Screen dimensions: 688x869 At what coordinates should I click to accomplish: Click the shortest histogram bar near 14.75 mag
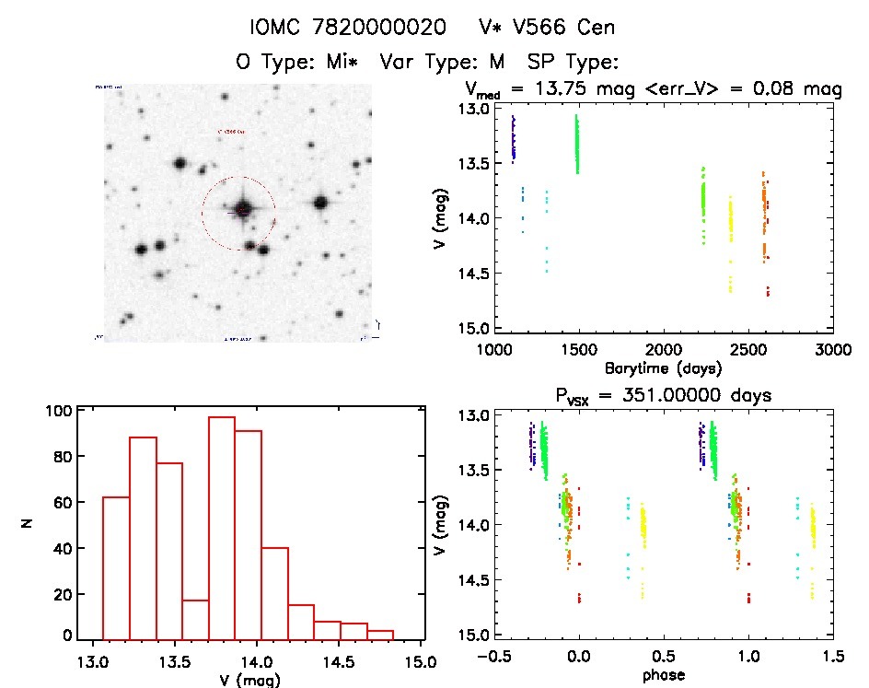(380, 634)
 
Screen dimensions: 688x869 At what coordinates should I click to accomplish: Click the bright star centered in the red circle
(242, 210)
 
